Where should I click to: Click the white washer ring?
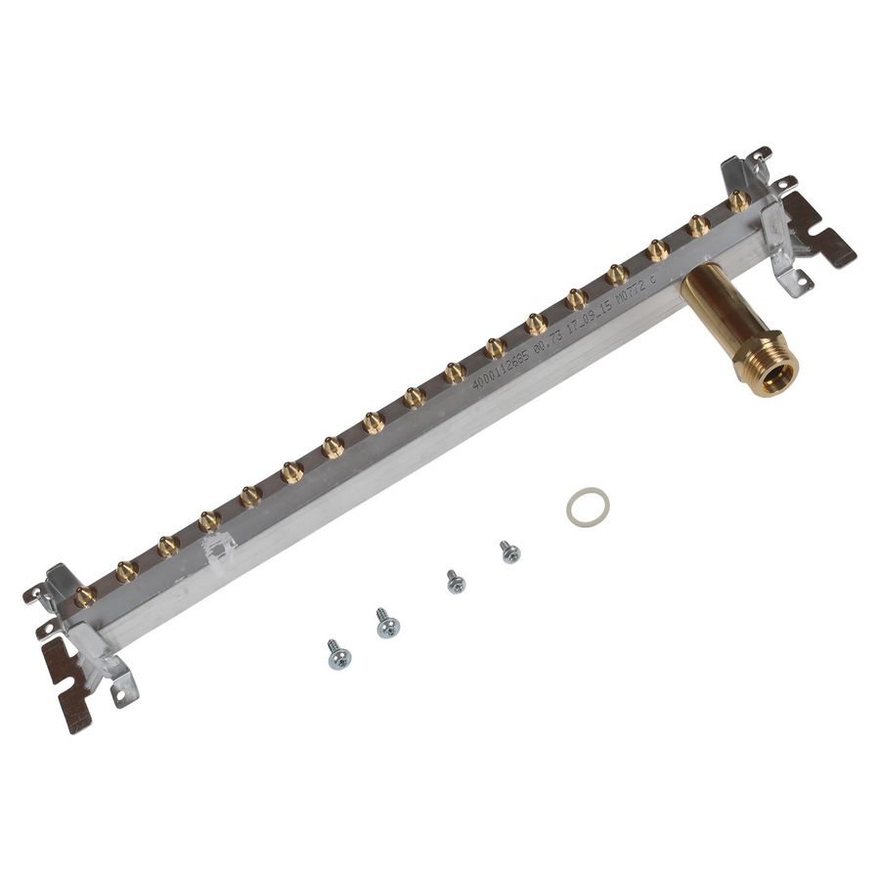588,506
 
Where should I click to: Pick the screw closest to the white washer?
509,551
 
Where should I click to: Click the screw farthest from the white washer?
338,654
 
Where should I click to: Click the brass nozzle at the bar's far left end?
85,594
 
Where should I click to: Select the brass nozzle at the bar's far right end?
739,200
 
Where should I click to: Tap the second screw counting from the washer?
455,581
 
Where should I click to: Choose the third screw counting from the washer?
387,623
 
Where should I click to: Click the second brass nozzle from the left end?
126,571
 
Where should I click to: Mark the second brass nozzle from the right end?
698,226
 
